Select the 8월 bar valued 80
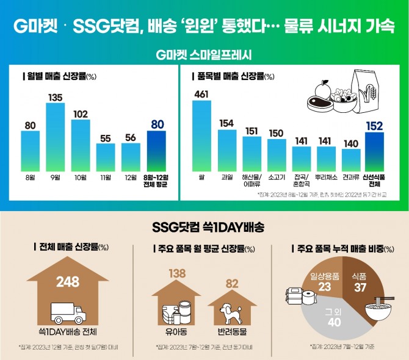(31, 151)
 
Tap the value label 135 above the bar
(56, 97)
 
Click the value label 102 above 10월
(81, 113)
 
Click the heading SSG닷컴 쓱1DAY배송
(204, 228)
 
